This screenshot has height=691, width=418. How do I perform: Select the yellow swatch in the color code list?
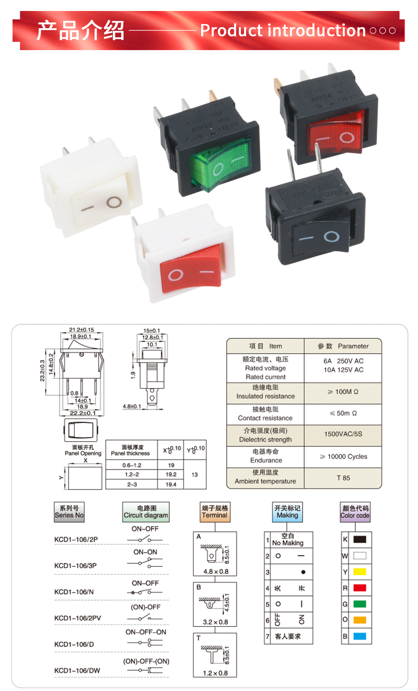pos(359,571)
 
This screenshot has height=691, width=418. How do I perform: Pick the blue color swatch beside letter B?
pos(359,636)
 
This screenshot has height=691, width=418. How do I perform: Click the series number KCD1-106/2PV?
pos(78,618)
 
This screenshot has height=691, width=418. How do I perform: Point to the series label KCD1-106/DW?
pos(77,671)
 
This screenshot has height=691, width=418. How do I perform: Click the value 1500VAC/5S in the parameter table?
pos(343,435)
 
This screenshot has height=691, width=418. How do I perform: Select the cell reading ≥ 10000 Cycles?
pos(343,456)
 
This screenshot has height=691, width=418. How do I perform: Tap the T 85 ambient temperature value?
pos(343,478)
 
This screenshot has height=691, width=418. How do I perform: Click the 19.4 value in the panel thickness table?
pos(171,484)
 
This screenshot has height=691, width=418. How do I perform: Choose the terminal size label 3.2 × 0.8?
pos(215,622)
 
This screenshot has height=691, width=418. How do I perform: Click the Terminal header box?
pos(215,511)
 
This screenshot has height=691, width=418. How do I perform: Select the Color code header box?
pos(355,511)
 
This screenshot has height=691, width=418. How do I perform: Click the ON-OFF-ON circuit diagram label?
pos(146,632)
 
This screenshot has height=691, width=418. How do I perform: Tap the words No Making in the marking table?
pos(287,543)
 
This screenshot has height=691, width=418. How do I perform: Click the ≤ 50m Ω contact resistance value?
pos(343,413)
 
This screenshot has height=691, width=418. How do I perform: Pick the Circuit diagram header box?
pos(146,511)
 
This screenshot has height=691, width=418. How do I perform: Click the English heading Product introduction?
pos(283,31)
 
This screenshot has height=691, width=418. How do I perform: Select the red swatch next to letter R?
pos(359,588)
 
